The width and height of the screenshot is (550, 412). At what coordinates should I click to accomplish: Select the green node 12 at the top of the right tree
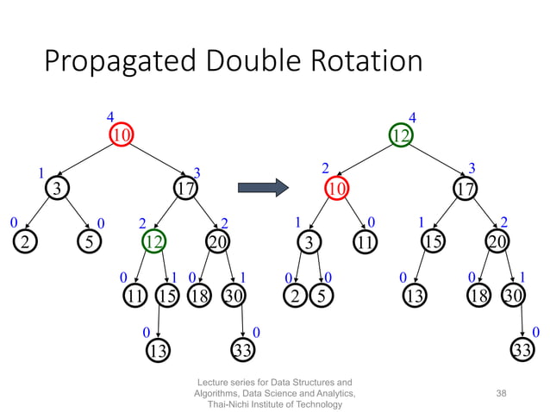pos(401,136)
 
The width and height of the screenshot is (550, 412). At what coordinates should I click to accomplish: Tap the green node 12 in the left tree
pos(154,242)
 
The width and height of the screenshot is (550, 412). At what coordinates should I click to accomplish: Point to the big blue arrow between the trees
pos(262,186)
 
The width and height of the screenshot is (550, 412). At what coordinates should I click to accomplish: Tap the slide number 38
pos(500,392)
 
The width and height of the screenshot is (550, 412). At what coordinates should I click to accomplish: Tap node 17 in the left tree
pos(184,187)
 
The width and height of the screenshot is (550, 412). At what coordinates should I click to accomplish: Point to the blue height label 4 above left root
pos(109,115)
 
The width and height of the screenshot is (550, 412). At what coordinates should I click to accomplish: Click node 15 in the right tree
pos(433,242)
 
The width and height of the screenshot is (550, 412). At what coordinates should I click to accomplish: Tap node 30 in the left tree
pos(233,297)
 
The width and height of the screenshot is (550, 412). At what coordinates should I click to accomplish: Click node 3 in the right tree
pos(308,242)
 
